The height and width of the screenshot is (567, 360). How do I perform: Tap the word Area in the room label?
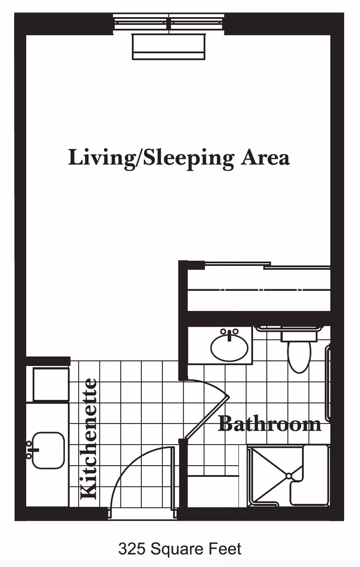click(265, 157)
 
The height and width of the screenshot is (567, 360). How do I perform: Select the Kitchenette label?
click(89, 439)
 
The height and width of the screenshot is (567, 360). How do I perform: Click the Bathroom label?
click(270, 424)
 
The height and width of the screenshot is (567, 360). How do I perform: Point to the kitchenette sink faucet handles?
click(30, 450)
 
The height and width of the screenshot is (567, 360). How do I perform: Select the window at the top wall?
click(168, 22)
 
